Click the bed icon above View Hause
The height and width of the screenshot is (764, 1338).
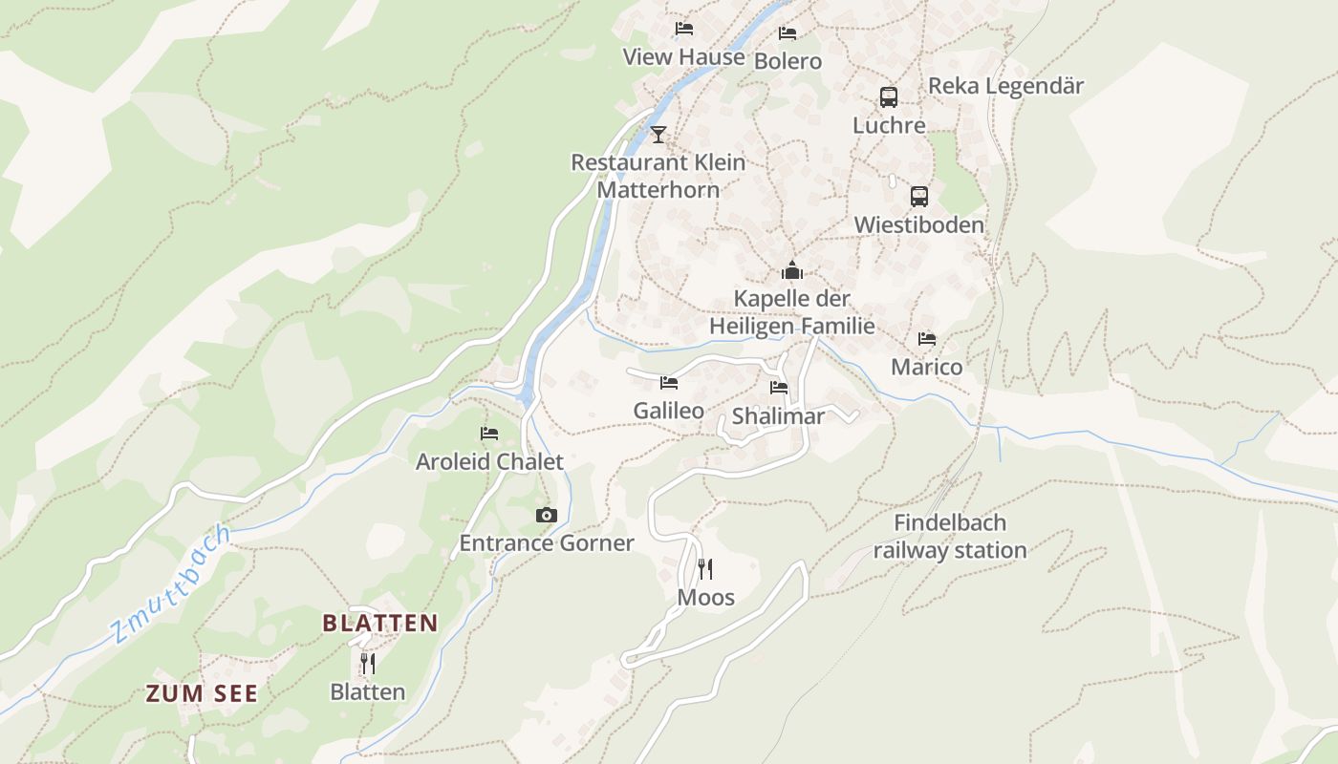(x=683, y=29)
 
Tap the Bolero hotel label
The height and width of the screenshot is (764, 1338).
(x=788, y=61)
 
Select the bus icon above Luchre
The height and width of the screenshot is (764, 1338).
(x=889, y=96)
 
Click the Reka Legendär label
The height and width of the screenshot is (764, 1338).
(x=1005, y=86)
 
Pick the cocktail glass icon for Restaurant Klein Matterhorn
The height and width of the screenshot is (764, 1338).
(x=658, y=134)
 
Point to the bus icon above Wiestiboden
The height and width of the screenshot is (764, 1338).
(x=918, y=197)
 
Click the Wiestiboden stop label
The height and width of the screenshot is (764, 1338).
(x=918, y=225)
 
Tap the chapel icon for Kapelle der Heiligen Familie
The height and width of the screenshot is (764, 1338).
(x=791, y=271)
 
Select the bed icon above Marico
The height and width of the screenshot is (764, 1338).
(x=926, y=339)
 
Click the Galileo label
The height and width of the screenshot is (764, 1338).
(x=668, y=411)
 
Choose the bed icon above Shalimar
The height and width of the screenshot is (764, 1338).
(x=779, y=388)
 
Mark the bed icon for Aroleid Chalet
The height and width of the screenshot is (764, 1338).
(x=489, y=434)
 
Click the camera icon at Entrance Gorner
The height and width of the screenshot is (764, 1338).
(x=546, y=516)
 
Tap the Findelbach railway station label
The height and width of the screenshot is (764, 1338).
(x=950, y=537)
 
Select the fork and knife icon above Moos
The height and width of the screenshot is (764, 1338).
(x=705, y=569)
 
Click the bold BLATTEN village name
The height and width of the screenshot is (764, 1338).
(x=380, y=624)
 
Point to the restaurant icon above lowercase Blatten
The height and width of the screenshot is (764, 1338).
(x=367, y=663)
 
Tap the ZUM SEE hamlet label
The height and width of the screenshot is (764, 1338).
(x=202, y=693)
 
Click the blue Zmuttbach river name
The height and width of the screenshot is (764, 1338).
(x=170, y=584)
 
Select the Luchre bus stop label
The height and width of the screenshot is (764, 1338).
(x=889, y=125)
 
